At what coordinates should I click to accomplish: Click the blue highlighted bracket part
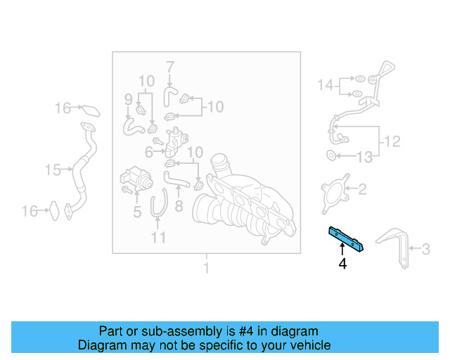click(345, 238)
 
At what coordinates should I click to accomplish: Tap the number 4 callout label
click(342, 264)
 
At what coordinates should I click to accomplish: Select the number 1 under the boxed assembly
click(206, 268)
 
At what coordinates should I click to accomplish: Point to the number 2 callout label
click(362, 188)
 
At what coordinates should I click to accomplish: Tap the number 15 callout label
click(53, 169)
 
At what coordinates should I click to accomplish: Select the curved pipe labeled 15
click(81, 172)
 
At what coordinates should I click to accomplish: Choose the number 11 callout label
click(158, 238)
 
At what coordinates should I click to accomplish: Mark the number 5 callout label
click(137, 211)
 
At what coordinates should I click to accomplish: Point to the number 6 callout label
click(149, 151)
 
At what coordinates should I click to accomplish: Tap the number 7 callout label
click(169, 67)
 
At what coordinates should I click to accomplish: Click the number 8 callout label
click(179, 207)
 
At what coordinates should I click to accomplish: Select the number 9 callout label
click(128, 98)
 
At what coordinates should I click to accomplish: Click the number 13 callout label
click(364, 157)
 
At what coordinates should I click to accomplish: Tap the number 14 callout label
click(324, 85)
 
